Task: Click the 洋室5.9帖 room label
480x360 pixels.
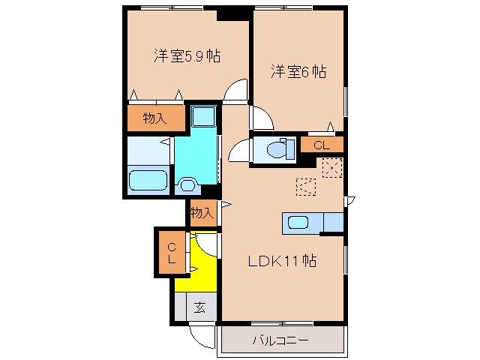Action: [187, 56]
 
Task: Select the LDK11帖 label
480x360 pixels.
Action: [282, 262]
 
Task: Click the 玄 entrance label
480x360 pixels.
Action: [200, 307]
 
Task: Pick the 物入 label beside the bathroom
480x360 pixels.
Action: [154, 118]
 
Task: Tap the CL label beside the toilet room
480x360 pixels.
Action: [322, 145]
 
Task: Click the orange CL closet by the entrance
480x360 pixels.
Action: [172, 253]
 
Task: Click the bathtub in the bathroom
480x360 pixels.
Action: [147, 181]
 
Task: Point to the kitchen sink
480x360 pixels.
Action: [297, 223]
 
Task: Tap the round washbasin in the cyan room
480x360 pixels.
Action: [187, 183]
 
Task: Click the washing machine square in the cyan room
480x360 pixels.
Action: [202, 118]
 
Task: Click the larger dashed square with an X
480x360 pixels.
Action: [331, 168]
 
